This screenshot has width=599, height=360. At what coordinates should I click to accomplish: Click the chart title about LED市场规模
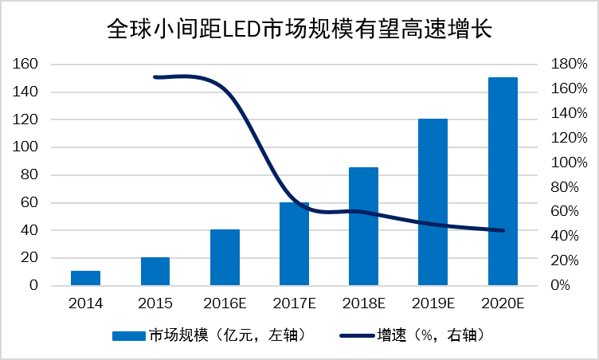point(299,30)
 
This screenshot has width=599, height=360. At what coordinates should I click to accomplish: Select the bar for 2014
point(85,278)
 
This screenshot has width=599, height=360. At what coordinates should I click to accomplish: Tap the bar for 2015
point(155,272)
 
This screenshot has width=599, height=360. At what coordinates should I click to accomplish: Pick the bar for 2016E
point(225,257)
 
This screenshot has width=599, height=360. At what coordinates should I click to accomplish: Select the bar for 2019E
point(433,202)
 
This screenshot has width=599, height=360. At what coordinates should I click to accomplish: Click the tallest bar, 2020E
point(503,182)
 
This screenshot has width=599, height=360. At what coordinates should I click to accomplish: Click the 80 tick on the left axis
point(29,175)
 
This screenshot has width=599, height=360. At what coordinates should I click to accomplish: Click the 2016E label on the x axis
point(225,303)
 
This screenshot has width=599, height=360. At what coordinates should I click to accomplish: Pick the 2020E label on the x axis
point(503,303)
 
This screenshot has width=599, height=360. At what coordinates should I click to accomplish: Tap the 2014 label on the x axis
point(85,303)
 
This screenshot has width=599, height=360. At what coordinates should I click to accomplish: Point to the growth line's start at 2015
point(155,77)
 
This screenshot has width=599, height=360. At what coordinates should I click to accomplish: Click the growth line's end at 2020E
point(503,230)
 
